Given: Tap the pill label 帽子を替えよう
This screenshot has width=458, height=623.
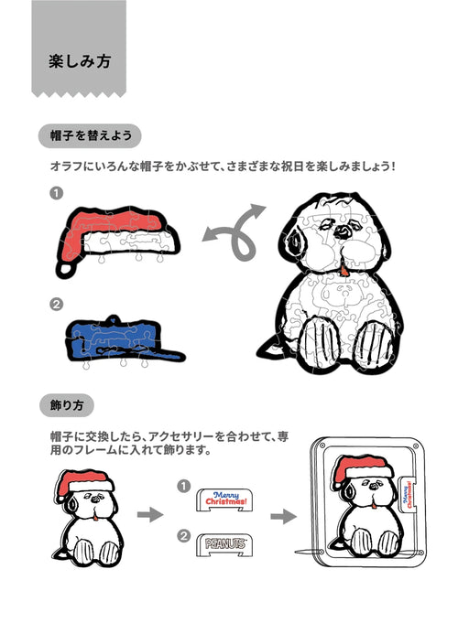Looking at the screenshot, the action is tap(90, 136).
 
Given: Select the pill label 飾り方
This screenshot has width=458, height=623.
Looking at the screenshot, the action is tap(67, 405).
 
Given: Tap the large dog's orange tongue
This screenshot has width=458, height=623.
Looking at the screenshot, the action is tap(343, 272).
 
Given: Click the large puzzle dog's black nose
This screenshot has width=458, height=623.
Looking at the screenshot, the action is tap(343, 231).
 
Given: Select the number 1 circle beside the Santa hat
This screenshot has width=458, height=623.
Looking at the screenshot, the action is tap(57, 194).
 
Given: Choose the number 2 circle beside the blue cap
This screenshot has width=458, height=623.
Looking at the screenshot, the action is tap(57, 305).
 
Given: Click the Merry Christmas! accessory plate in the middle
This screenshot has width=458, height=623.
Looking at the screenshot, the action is tap(224, 499).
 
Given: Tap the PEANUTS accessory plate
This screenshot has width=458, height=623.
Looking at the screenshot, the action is tap(224, 544).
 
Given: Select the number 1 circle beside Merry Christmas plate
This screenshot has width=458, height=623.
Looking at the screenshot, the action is tap(184, 486).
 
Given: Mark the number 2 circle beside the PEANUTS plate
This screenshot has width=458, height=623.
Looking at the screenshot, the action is tap(184, 536).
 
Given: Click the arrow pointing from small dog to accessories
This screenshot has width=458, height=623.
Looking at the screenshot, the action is tap(150, 515).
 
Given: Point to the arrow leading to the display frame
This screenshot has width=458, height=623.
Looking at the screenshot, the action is tap(284, 517).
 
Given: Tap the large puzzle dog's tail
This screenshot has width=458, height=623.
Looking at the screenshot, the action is tap(270, 349).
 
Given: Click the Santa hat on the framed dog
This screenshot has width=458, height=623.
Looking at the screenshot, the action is tap(360, 470).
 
